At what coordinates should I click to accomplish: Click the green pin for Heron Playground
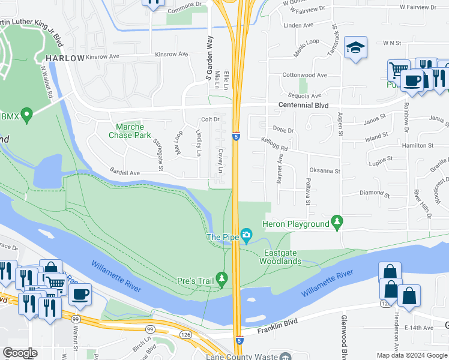337,223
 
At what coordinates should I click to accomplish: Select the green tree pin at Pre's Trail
222,279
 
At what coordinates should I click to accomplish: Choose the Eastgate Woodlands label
280,257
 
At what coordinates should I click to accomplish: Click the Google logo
20,353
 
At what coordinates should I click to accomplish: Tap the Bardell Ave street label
124,173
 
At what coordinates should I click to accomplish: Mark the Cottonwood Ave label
304,76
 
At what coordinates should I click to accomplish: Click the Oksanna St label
325,171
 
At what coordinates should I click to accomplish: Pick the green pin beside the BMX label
26,114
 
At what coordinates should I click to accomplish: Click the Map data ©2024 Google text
411,355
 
